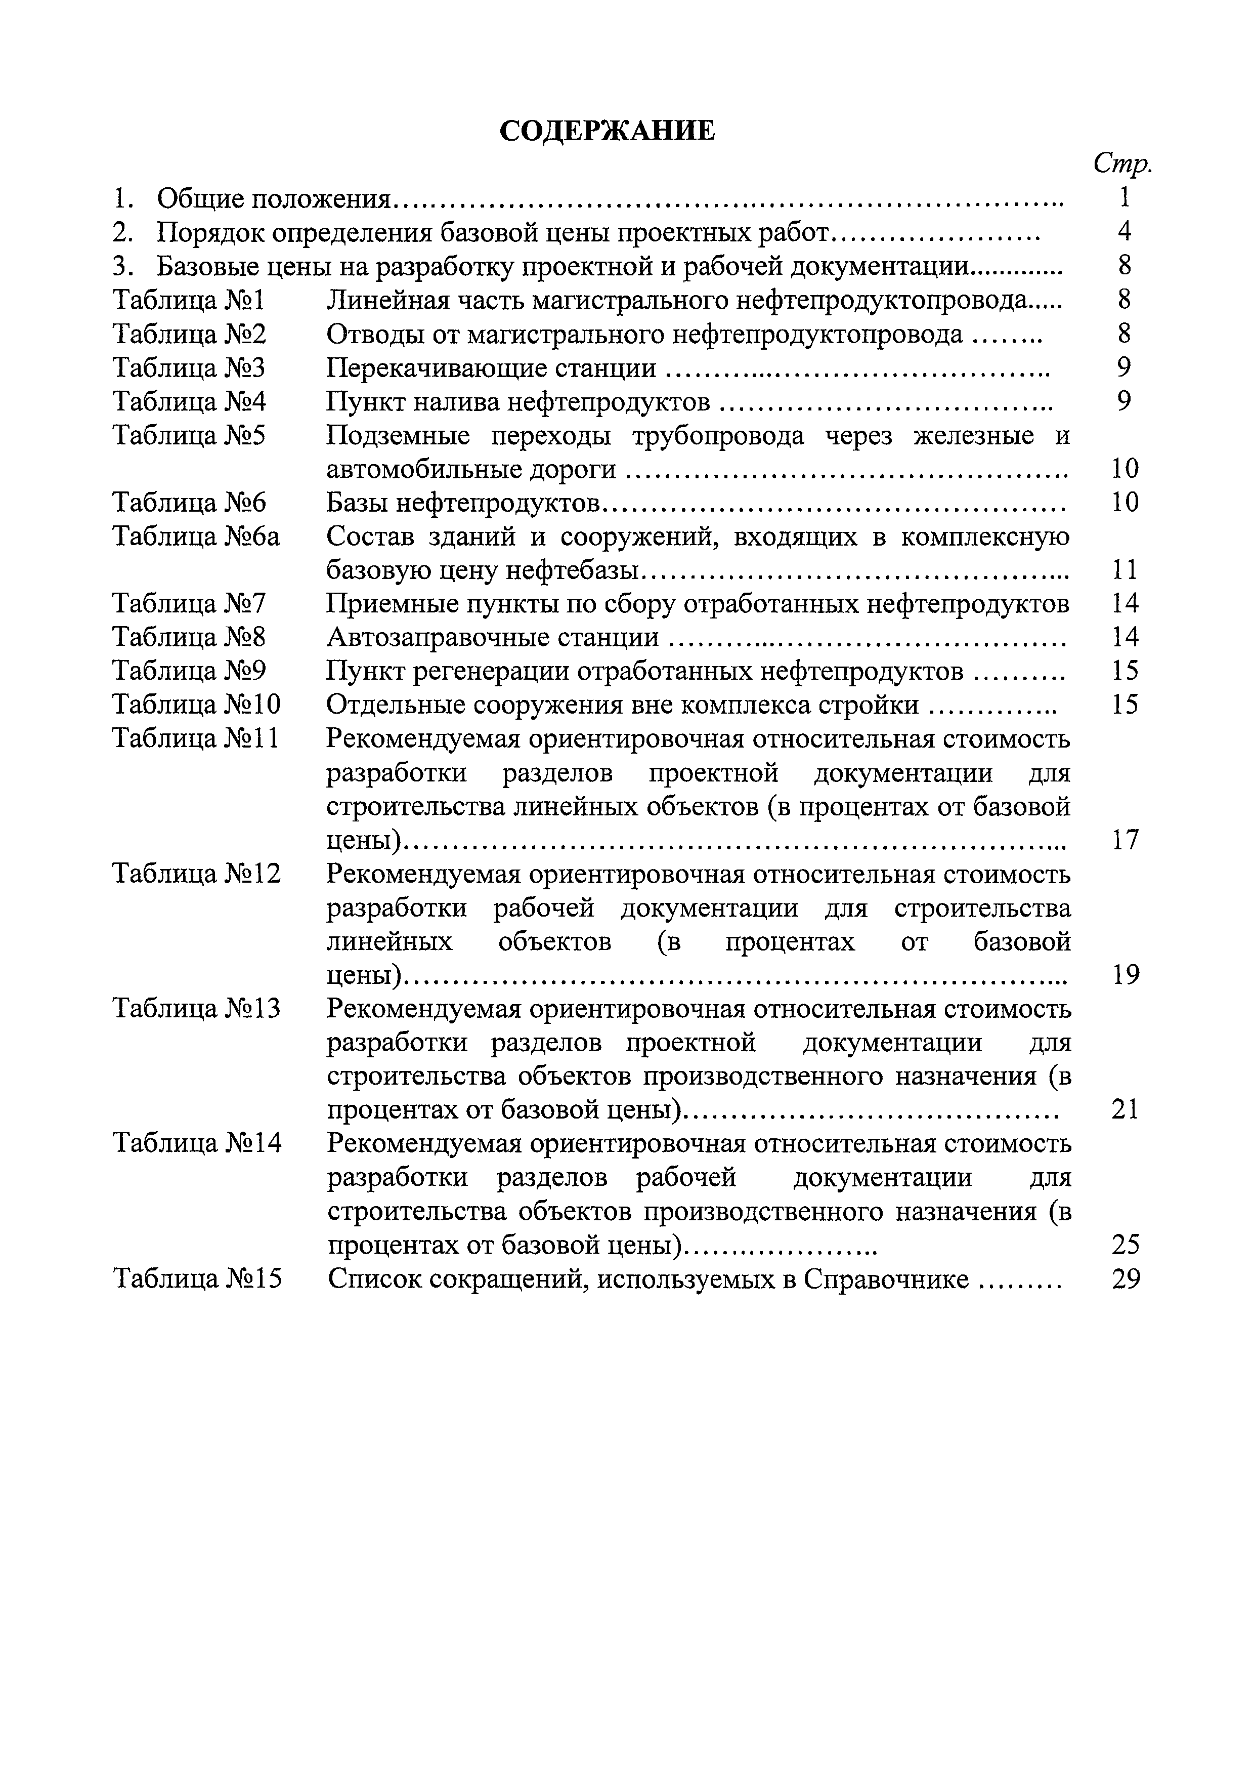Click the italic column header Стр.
click(x=1122, y=163)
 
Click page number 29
click(x=1126, y=1279)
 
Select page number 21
click(x=1126, y=1110)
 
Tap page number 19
click(x=1126, y=975)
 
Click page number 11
click(x=1126, y=570)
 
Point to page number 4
click(x=1125, y=232)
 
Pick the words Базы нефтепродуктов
click(x=462, y=503)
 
